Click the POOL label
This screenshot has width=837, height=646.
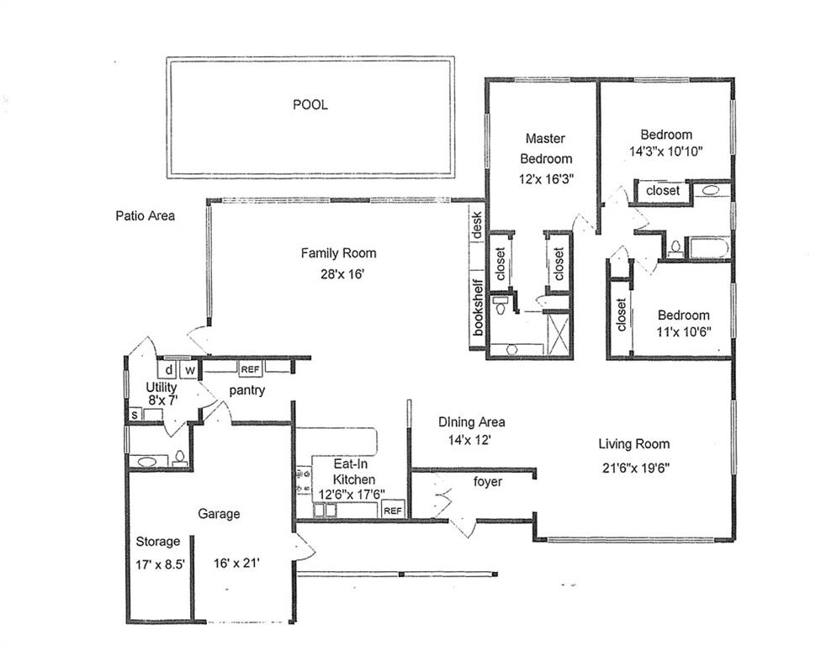(310, 104)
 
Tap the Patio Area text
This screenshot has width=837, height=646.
(146, 215)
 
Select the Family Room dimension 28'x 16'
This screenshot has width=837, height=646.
(342, 274)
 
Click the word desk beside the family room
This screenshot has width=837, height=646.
(477, 225)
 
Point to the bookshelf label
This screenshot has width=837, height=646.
(478, 308)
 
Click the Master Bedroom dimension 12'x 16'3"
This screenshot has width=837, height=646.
(546, 179)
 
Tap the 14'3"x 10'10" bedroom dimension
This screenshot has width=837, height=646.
(665, 151)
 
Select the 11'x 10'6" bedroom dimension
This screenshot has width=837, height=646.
(684, 331)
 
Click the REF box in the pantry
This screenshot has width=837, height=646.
(251, 369)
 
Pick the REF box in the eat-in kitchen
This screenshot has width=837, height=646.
(393, 511)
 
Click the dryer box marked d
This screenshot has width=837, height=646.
(167, 369)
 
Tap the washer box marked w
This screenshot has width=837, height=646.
(189, 369)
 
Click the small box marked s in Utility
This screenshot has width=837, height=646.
(135, 415)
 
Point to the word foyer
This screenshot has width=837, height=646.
(487, 482)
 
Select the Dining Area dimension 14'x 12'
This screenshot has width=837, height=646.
(469, 441)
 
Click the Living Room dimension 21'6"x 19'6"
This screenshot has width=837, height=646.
(636, 469)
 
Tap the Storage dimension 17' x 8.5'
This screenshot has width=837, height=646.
(160, 564)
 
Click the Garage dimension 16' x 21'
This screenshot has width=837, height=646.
(236, 563)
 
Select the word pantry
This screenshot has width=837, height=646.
(247, 390)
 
